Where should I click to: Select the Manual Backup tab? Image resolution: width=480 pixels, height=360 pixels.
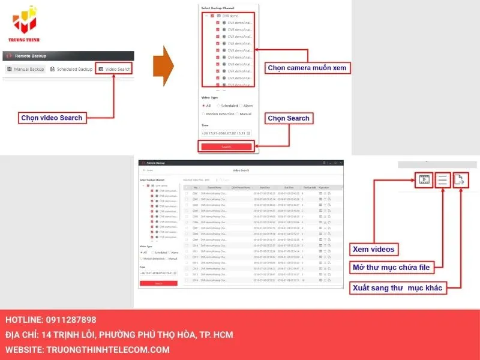pyautogui.click(x=26, y=70)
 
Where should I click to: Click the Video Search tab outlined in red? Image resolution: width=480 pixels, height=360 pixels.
pyautogui.click(x=114, y=70)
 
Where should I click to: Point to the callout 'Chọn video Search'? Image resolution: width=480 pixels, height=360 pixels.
pyautogui.click(x=52, y=118)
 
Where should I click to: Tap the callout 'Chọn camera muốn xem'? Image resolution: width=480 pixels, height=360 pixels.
pyautogui.click(x=307, y=68)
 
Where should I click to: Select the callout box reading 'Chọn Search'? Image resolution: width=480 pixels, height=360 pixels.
pyautogui.click(x=289, y=118)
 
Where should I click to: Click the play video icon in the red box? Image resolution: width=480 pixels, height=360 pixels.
pyautogui.click(x=423, y=179)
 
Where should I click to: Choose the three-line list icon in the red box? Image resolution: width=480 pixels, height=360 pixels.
pyautogui.click(x=442, y=179)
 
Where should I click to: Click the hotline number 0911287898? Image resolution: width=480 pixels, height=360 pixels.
pyautogui.click(x=71, y=320)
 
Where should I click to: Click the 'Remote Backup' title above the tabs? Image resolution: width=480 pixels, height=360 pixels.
pyautogui.click(x=31, y=56)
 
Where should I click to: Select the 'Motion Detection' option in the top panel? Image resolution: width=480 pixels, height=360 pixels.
pyautogui.click(x=220, y=113)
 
